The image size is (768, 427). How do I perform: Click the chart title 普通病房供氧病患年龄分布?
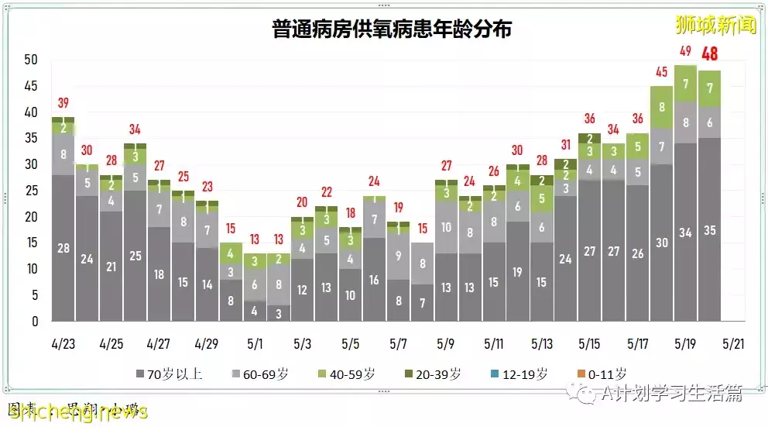(392, 29)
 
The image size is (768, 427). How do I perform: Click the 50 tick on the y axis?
(31, 60)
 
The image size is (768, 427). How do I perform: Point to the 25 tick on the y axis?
(31, 191)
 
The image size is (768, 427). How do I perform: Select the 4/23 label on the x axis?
(63, 343)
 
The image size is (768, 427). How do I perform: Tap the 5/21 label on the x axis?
(733, 343)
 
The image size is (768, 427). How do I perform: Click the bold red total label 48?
(710, 55)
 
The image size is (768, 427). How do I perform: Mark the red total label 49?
(685, 52)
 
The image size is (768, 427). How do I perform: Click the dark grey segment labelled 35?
(710, 229)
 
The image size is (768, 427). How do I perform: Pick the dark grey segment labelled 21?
(111, 266)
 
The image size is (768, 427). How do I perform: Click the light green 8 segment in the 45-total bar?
(662, 107)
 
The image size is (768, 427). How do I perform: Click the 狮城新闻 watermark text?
(715, 25)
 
